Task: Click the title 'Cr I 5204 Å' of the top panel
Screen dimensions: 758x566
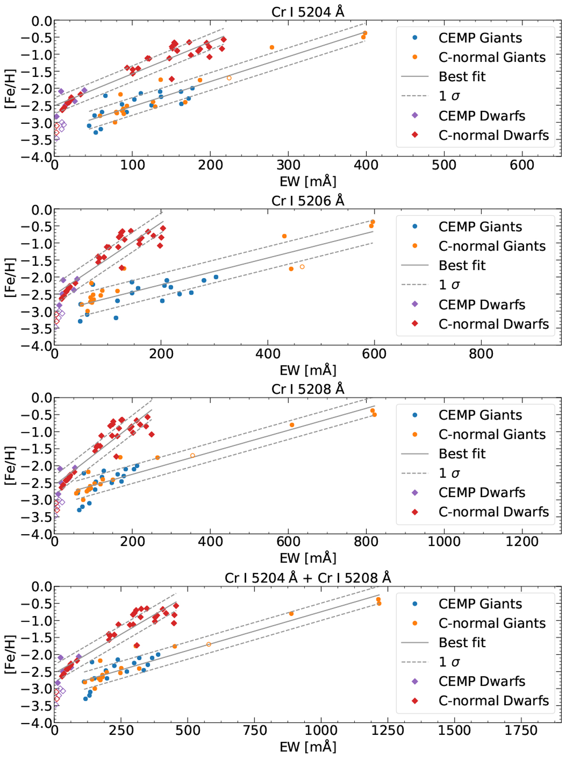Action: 308,11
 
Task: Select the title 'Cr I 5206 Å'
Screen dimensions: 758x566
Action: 308,201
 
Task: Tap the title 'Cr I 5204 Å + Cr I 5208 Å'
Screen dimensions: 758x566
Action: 308,578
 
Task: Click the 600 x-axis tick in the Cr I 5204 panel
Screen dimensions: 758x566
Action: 522,165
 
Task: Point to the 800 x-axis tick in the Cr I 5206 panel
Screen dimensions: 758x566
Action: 481,354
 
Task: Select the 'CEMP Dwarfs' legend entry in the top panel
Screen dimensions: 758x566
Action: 481,116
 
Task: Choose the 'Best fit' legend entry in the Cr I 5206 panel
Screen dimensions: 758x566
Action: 461,265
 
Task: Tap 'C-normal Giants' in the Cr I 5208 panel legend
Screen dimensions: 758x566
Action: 491,434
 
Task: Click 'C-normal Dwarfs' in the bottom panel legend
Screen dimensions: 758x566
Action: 493,701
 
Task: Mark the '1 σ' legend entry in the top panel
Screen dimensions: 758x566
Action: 449,96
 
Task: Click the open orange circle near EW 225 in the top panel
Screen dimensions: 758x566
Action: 229,78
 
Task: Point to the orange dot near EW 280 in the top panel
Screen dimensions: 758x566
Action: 272,48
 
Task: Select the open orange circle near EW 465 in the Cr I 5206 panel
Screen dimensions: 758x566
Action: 302,267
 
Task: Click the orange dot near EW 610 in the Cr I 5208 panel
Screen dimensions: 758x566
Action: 292,425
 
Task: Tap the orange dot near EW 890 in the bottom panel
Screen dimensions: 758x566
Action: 291,614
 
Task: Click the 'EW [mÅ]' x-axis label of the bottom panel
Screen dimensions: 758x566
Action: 308,747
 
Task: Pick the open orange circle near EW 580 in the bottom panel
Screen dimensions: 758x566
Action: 209,644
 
